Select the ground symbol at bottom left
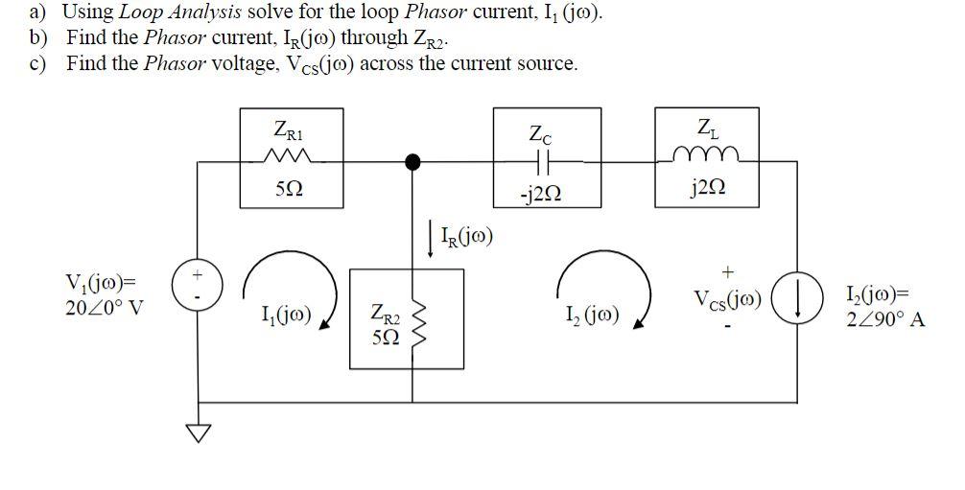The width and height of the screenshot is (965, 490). click(x=197, y=433)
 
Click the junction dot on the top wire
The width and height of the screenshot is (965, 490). click(x=412, y=162)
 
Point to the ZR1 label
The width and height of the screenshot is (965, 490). click(x=285, y=128)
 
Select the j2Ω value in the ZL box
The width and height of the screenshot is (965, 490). click(x=704, y=187)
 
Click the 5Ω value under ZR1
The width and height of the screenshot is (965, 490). click(x=285, y=189)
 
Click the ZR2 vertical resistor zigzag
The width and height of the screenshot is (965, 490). click(x=414, y=322)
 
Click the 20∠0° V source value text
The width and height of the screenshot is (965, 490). click(x=104, y=309)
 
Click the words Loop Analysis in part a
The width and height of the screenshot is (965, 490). click(x=178, y=12)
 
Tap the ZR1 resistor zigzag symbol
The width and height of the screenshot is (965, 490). click(x=285, y=158)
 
